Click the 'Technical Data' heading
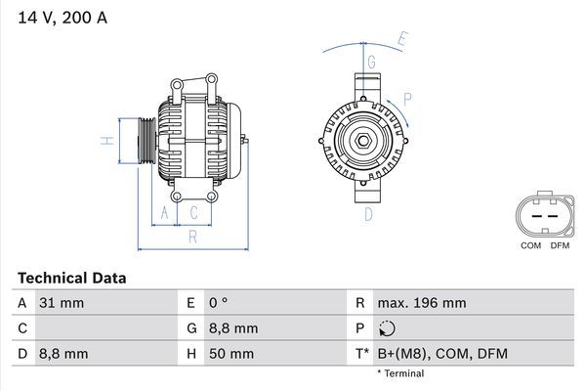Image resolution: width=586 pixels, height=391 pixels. point(71,278)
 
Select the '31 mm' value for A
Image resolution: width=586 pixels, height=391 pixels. point(62,303)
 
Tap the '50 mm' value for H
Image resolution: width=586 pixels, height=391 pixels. point(233,353)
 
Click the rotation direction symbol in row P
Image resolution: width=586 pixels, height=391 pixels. point(390,328)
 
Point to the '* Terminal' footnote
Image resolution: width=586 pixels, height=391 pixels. point(400,373)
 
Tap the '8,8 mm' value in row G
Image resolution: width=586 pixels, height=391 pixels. point(234,328)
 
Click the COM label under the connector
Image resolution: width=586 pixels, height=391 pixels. point(530,244)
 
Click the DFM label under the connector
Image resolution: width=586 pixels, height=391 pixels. point(560,244)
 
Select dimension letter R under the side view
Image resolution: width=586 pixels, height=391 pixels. point(193,236)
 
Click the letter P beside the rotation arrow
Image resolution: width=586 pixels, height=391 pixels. point(407,98)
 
